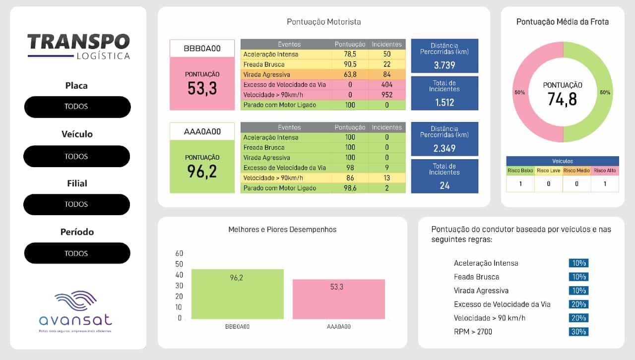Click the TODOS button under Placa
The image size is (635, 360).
[77, 107]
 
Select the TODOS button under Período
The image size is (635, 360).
[77, 253]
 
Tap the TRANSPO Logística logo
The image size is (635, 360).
[78, 47]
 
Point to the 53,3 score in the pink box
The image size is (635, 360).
[202, 88]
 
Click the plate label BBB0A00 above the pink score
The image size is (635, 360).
[202, 49]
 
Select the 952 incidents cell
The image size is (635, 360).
[387, 95]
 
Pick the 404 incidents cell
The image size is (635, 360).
[387, 85]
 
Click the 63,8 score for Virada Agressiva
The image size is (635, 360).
[350, 74]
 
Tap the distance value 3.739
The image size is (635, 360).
[444, 65]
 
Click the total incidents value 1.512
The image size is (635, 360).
[444, 103]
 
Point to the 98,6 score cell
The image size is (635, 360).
[350, 188]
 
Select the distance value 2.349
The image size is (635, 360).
[444, 148]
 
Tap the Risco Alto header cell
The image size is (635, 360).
[605, 171]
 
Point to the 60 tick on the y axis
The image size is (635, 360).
[179, 253]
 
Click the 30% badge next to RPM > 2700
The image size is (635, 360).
[578, 332]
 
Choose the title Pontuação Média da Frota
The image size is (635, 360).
[562, 22]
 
